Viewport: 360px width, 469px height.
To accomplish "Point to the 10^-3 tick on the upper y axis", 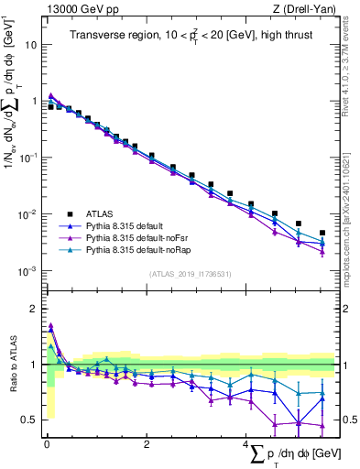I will pos(27,271).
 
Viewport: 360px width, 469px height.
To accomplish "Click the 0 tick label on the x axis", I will pos(46,442).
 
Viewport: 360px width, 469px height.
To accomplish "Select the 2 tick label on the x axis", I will pos(146,442).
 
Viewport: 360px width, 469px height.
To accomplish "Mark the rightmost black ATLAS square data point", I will pos(322,233).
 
